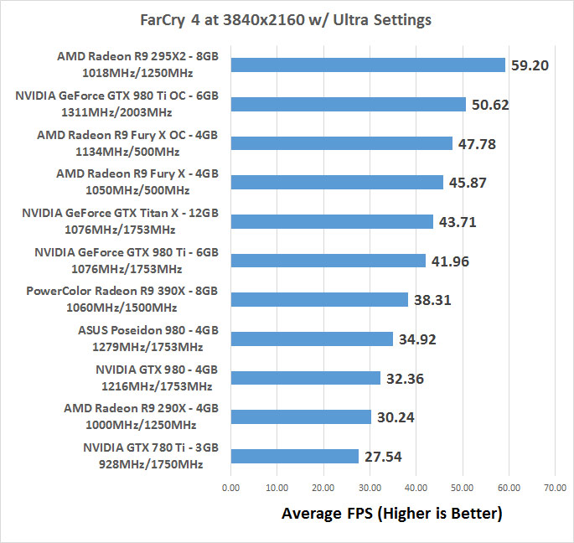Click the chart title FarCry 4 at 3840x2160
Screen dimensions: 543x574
pos(287,19)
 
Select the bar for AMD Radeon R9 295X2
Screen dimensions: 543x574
pos(368,65)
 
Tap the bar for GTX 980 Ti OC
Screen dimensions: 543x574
pos(348,105)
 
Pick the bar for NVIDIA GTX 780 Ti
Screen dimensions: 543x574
pos(294,456)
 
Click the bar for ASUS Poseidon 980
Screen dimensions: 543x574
pos(312,339)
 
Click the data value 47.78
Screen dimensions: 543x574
pos(477,144)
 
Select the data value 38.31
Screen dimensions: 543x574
pos(432,300)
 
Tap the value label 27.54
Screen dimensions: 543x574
pos(383,457)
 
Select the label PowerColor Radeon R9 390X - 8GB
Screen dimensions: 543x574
pos(122,291)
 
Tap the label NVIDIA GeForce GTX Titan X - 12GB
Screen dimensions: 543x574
pos(120,213)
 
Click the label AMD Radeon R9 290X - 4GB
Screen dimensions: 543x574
pos(141,408)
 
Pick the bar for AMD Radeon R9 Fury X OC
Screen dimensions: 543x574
pos(341,143)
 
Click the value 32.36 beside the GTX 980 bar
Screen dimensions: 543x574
pos(405,379)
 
